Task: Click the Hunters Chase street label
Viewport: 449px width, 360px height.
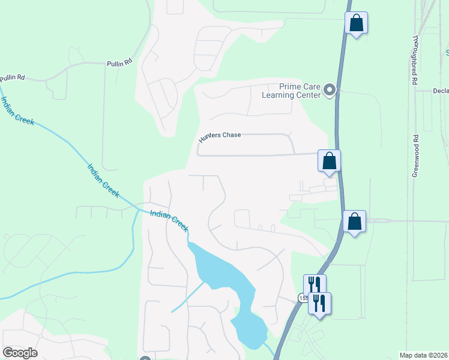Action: (x=220, y=135)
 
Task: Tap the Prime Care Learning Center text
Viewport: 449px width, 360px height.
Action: (x=291, y=91)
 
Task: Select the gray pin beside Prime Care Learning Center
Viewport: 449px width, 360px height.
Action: (x=329, y=90)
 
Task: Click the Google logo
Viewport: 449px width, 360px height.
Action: (x=20, y=353)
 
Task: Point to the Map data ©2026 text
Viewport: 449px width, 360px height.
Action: (x=423, y=355)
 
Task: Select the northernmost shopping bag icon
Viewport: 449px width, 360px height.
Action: (x=357, y=23)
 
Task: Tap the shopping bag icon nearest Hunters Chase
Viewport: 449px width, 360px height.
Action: (x=329, y=161)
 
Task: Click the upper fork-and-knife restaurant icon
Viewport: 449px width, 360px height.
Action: (x=314, y=284)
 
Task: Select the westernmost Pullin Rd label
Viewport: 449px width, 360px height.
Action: (x=13, y=77)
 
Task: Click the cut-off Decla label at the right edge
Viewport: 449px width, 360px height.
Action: (x=441, y=91)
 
